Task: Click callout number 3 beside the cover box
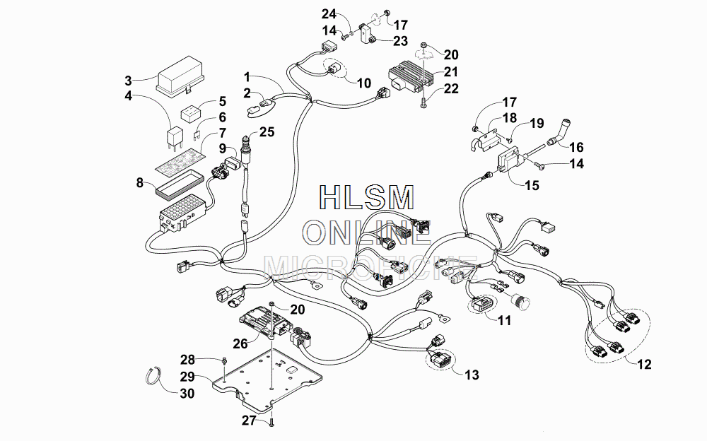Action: [x=129, y=81]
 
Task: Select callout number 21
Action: [x=451, y=71]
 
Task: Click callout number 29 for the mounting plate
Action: [x=187, y=377]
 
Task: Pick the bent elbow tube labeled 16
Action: [x=558, y=131]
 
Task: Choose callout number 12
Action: [x=645, y=364]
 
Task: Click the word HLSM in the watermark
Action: [x=366, y=197]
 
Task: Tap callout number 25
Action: [x=267, y=131]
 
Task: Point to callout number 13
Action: [x=472, y=375]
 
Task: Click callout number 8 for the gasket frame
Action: [x=140, y=182]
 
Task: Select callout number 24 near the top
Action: [x=329, y=14]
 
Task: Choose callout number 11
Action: [x=505, y=320]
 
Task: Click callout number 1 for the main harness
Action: [x=247, y=76]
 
